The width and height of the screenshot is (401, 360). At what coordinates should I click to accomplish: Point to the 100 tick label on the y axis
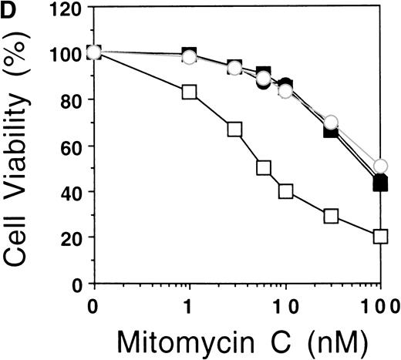pos(63,53)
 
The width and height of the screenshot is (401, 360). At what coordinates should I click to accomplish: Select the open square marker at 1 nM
pos(190,92)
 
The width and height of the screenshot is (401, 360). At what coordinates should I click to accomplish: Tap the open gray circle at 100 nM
pos(380,167)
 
